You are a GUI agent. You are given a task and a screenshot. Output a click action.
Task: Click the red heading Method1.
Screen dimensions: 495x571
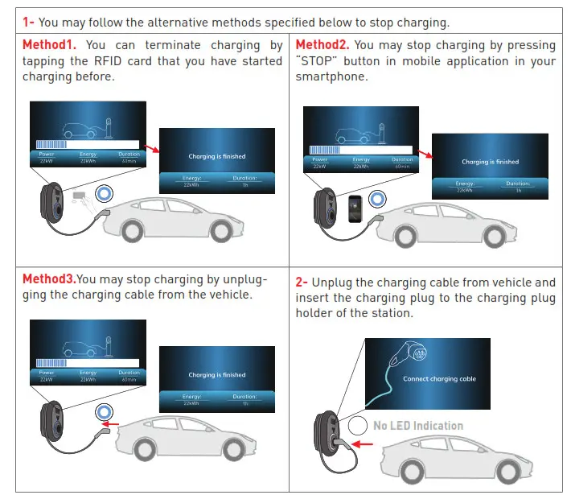point(50,46)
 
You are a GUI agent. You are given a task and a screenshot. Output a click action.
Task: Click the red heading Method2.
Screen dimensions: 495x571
point(321,46)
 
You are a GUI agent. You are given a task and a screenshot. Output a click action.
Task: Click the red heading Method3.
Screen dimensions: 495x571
point(48,279)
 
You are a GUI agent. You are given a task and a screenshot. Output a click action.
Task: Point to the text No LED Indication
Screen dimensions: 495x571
point(417,426)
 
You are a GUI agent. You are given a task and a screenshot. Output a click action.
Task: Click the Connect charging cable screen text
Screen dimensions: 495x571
point(439,379)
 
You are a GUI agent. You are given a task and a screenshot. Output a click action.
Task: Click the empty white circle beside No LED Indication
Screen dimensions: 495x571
point(359,426)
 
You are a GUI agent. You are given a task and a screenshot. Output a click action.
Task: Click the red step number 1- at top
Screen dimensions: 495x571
point(29,22)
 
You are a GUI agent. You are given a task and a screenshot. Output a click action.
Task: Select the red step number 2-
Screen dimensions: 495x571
point(302,283)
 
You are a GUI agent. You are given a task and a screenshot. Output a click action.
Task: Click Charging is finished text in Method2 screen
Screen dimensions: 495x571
point(490,162)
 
